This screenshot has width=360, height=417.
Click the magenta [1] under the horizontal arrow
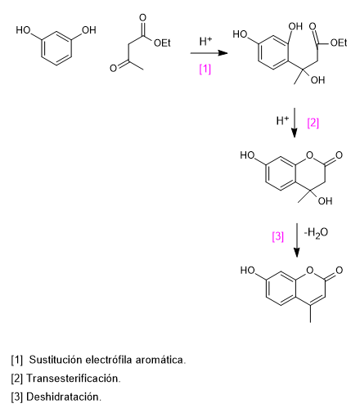(x=205, y=69)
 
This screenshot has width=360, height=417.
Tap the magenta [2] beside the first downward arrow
(x=313, y=123)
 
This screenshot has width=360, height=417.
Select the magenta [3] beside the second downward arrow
(x=278, y=236)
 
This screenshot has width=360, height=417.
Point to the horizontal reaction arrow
(x=209, y=53)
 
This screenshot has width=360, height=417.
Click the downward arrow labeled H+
(x=295, y=123)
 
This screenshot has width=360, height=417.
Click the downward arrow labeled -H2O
(x=297, y=240)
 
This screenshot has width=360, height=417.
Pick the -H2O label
(x=316, y=233)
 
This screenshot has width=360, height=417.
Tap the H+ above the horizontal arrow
(x=205, y=41)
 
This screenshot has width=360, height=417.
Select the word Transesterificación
(x=73, y=379)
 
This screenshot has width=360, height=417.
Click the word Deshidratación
(x=64, y=397)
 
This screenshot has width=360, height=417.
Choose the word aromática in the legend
(x=160, y=360)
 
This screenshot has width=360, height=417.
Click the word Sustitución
(x=56, y=360)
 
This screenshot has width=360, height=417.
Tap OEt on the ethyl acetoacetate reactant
(x=162, y=43)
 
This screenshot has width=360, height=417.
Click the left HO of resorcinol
(x=23, y=30)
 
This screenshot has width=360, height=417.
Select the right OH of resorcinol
(x=89, y=30)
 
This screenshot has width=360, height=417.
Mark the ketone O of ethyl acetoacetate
(x=113, y=68)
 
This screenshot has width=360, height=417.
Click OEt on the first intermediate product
(x=339, y=43)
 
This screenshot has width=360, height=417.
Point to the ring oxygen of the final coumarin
(x=309, y=270)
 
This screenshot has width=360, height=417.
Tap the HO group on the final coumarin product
(x=247, y=271)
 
